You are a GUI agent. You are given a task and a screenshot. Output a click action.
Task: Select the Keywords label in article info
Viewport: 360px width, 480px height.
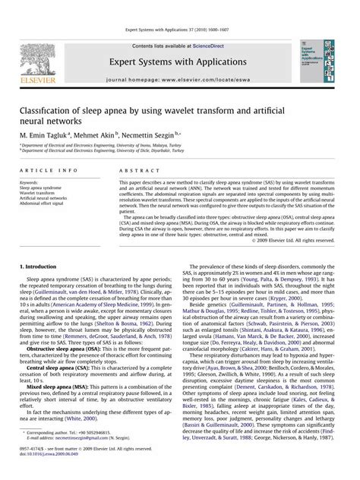(x=30, y=183)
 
